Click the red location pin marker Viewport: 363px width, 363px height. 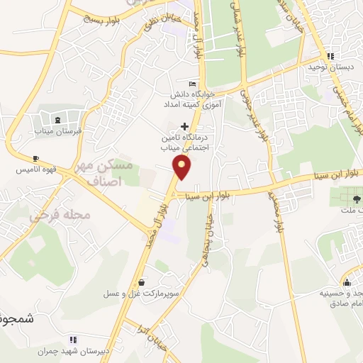(x=183, y=167)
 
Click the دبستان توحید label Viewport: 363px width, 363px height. (x=331, y=68)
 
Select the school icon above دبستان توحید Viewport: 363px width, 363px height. (x=330, y=56)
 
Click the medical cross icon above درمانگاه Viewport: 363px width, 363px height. (x=185, y=125)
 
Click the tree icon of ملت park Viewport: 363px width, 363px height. (x=355, y=198)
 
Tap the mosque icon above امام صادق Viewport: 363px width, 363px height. (x=348, y=277)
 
